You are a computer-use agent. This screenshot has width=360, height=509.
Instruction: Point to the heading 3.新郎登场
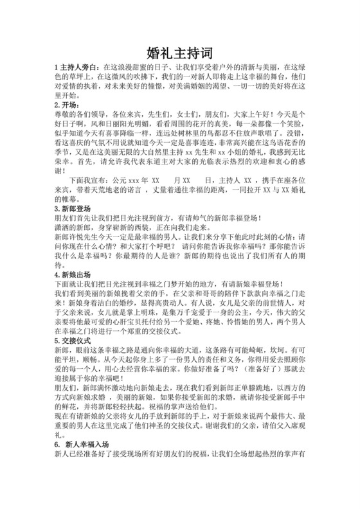pos(72,210)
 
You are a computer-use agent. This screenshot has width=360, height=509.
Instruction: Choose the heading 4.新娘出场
pos(72,275)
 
